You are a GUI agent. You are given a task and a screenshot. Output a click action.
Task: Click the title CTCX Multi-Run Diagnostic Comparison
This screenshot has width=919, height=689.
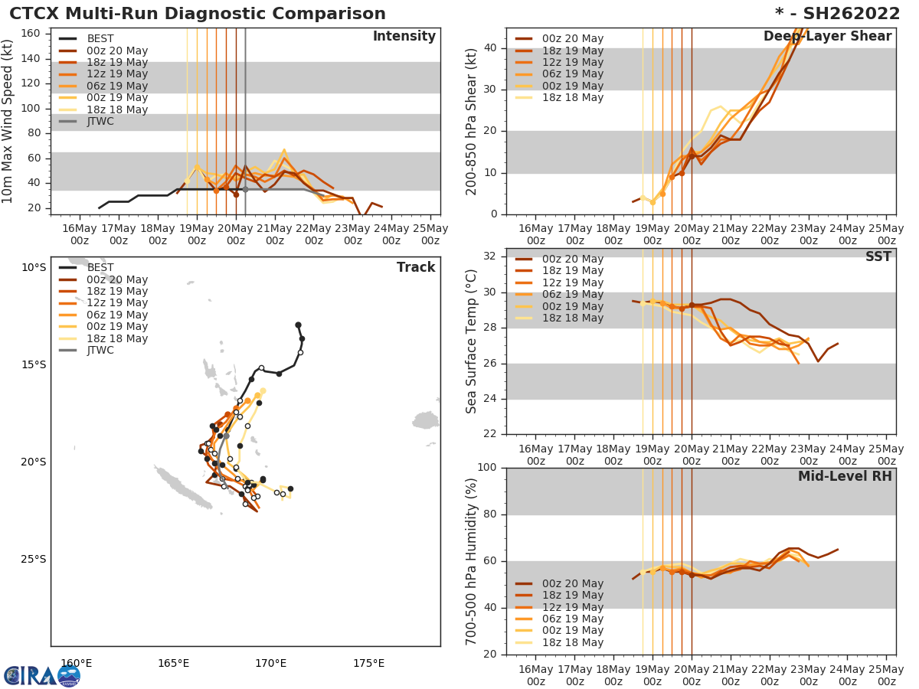tap(198, 14)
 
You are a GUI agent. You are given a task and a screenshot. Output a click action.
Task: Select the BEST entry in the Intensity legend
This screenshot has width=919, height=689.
tap(100, 39)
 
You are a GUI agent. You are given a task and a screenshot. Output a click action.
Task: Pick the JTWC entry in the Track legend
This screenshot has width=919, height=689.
tap(100, 351)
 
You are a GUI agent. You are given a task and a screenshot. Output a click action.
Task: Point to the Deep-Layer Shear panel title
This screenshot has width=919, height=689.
tap(827, 37)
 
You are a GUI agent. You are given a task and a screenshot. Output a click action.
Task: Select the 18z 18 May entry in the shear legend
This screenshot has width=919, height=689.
tap(572, 97)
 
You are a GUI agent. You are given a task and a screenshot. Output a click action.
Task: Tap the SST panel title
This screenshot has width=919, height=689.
tap(878, 257)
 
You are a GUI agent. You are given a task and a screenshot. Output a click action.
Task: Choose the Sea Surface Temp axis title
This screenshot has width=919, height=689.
tap(472, 341)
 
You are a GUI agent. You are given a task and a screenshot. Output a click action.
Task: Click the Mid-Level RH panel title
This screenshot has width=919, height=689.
tap(845, 476)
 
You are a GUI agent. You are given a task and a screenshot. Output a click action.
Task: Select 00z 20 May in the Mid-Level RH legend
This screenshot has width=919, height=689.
tap(572, 584)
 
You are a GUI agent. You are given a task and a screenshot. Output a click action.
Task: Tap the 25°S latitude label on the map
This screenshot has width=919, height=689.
tap(33, 559)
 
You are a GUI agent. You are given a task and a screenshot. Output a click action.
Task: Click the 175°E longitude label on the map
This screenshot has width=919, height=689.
tap(368, 663)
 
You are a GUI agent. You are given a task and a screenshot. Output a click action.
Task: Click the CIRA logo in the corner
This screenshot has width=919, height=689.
tap(41, 676)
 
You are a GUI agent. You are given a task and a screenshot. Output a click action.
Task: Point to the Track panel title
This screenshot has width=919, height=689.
tap(415, 267)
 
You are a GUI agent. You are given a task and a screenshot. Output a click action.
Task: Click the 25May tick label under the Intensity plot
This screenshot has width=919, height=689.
tap(430, 233)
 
